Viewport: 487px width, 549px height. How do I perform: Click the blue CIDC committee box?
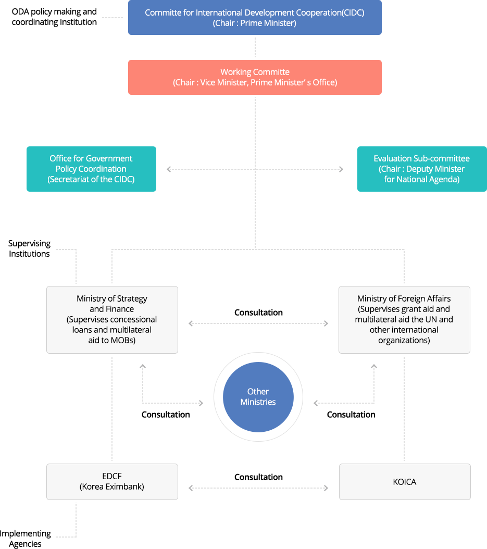(x=254, y=18)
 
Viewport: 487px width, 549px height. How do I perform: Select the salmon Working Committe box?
(x=254, y=77)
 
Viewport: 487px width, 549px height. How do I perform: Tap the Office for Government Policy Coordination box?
(x=91, y=169)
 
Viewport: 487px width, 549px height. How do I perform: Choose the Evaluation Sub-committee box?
(x=421, y=169)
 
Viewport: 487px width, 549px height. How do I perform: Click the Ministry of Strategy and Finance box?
(x=112, y=320)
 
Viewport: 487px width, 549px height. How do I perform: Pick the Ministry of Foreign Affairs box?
(x=404, y=320)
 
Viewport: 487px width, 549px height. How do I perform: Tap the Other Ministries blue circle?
(x=258, y=397)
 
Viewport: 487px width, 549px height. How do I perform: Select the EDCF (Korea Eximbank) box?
(x=112, y=482)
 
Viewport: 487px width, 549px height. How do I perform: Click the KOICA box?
(x=405, y=482)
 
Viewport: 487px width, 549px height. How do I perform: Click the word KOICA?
(x=405, y=482)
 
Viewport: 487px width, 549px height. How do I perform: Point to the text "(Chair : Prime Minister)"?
(x=254, y=23)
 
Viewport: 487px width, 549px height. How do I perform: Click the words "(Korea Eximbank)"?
(x=112, y=487)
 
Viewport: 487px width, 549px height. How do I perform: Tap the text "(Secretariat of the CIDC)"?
(x=91, y=180)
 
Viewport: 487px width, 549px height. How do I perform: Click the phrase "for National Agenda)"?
(x=421, y=180)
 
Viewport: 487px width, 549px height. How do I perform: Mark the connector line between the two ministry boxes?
(x=258, y=323)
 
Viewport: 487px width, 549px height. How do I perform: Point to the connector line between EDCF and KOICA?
(x=258, y=488)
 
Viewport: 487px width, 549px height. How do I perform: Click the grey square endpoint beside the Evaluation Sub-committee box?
(x=341, y=169)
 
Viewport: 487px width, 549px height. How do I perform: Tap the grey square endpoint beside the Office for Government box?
(x=169, y=169)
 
